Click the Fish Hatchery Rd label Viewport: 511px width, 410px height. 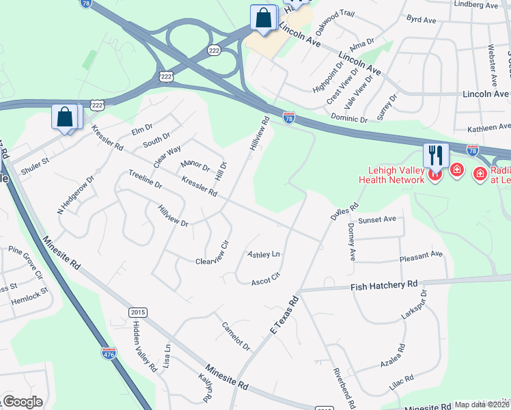coord(384,284)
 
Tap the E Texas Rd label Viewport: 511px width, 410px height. coord(285,315)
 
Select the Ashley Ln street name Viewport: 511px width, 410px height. coord(264,254)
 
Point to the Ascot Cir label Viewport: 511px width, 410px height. coord(266,281)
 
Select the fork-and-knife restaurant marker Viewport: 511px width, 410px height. coord(434,155)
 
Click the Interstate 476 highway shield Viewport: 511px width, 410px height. coord(109,353)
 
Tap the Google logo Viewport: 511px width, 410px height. coord(22,402)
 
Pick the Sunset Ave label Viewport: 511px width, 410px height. coord(377,219)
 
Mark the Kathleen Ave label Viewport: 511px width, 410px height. coord(488,127)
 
